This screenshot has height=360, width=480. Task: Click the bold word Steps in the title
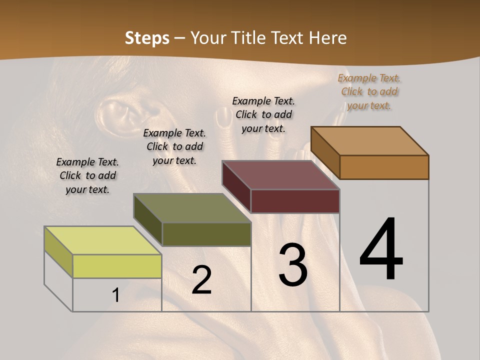point(147,38)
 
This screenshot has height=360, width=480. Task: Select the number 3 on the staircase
point(293,265)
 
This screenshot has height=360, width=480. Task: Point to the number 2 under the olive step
point(201,280)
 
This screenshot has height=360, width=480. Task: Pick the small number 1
point(116,295)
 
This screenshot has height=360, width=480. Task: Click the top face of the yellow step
point(102,240)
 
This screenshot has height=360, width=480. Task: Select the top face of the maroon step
point(280,175)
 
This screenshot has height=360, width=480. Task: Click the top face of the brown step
point(370,141)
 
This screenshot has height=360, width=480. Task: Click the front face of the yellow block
point(117,266)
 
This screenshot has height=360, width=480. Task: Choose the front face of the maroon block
point(295,201)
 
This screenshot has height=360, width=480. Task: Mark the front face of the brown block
point(384,167)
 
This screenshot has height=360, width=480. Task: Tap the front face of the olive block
point(206,234)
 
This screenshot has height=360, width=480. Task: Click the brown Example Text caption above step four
point(369,91)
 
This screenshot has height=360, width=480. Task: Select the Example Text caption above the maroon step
point(263,114)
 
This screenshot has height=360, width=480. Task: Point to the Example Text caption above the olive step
point(174,146)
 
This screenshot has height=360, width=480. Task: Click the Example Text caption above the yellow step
point(87,175)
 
